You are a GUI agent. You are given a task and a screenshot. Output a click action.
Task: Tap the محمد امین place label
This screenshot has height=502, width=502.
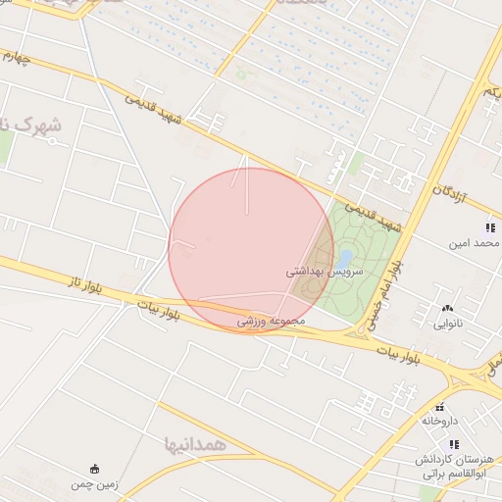(x=475, y=242)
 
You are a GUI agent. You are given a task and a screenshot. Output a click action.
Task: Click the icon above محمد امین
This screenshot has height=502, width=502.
(x=488, y=227)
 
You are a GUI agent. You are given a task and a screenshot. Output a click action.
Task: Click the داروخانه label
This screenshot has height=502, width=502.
(x=440, y=420)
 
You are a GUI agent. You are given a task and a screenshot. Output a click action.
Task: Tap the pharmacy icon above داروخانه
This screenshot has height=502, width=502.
(x=440, y=406)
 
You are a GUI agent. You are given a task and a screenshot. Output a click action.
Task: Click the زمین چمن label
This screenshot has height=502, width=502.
(x=94, y=484)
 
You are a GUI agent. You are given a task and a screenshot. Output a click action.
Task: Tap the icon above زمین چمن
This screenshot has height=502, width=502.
(x=94, y=468)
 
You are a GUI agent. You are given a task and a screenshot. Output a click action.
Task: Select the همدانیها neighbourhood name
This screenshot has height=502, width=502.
(x=196, y=444)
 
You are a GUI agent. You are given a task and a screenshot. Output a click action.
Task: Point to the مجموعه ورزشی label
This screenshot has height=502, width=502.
(x=272, y=321)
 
